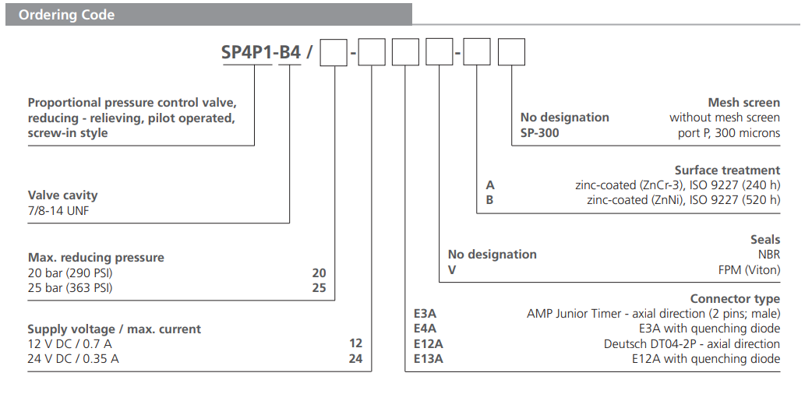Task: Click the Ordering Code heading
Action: tap(66, 15)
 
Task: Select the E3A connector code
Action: tap(425, 314)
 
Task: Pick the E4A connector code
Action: tap(425, 329)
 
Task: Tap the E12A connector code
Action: tap(428, 343)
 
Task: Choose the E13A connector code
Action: tap(428, 358)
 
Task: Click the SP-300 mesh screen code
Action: tap(539, 132)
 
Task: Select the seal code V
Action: tap(451, 269)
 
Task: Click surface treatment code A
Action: tap(490, 185)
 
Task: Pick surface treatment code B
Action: tap(490, 200)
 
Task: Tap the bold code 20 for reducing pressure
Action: tap(319, 273)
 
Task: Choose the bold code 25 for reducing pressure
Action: tap(319, 287)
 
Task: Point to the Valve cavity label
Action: tap(62, 195)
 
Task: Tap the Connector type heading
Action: tap(734, 299)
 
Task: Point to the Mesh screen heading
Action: tap(743, 103)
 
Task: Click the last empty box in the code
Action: tap(511, 52)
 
